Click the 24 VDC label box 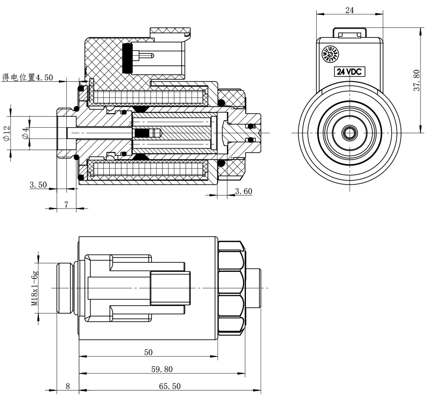pyautogui.click(x=350, y=71)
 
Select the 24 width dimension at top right pyautogui.click(x=350, y=10)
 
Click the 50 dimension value pyautogui.click(x=148, y=352)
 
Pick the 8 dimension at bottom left pyautogui.click(x=68, y=386)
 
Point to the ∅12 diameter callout pyautogui.click(x=6, y=133)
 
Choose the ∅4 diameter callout pyautogui.click(x=24, y=133)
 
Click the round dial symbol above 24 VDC pyautogui.click(x=329, y=53)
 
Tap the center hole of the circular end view pyautogui.click(x=349, y=133)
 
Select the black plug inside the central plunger pyautogui.click(x=143, y=133)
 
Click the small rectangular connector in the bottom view pyautogui.click(x=170, y=288)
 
